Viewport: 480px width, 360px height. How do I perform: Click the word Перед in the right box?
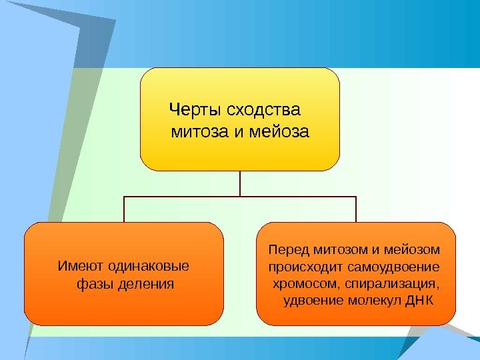pyautogui.click(x=285, y=250)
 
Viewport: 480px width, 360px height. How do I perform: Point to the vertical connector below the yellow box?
pyautogui.click(x=240, y=183)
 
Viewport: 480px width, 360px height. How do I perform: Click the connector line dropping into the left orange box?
pyautogui.click(x=124, y=209)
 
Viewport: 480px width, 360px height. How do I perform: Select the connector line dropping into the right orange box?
pyautogui.click(x=356, y=209)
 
